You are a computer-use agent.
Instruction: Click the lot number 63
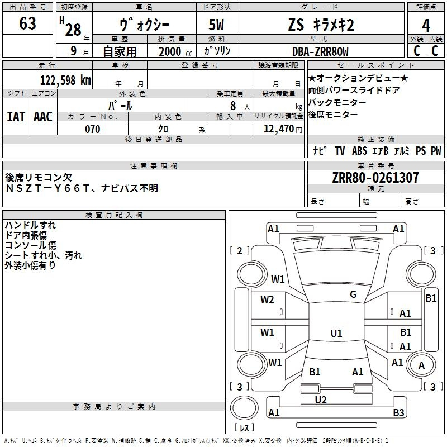(27, 23)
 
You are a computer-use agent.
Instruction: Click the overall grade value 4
(426, 26)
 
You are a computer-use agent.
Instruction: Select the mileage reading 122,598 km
(65, 80)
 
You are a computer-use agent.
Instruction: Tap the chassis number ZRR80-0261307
(375, 178)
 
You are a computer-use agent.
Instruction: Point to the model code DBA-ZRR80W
(320, 51)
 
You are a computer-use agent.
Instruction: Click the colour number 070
(93, 129)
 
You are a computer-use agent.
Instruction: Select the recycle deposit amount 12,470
(279, 129)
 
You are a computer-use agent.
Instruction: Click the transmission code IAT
(16, 117)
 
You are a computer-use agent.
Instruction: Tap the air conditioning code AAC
(43, 117)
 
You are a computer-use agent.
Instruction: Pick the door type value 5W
(216, 25)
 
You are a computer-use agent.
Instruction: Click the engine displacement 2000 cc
(175, 52)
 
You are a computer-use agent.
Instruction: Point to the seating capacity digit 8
(233, 106)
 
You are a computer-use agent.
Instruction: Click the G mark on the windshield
(353, 294)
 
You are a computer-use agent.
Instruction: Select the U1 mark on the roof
(336, 333)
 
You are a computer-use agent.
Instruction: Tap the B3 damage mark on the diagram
(398, 412)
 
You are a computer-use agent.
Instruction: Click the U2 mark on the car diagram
(321, 400)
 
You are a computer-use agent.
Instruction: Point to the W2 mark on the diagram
(267, 299)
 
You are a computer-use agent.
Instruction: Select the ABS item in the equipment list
(359, 151)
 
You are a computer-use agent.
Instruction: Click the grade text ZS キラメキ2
(321, 25)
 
